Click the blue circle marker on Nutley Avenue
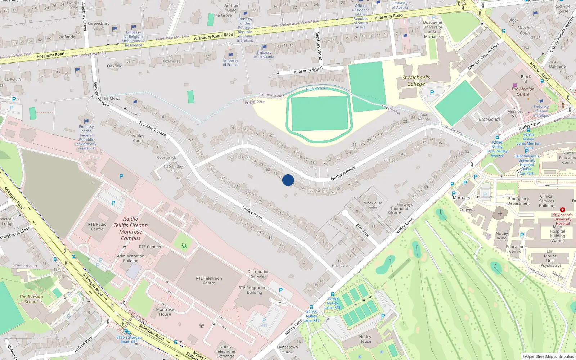click(x=288, y=180)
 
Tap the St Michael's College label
click(x=416, y=81)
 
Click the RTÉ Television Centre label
click(x=209, y=280)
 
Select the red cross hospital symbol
click(x=562, y=210)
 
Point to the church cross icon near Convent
click(x=500, y=214)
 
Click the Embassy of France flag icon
click(x=231, y=55)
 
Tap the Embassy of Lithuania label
click(x=264, y=55)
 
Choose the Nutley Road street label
click(x=252, y=212)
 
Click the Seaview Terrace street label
click(x=153, y=129)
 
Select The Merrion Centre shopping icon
click(x=515, y=85)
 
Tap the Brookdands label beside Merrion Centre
click(x=489, y=119)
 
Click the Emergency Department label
click(x=518, y=201)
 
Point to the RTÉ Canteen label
click(x=150, y=247)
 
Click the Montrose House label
click(x=165, y=312)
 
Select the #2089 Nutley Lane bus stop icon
click(x=332, y=294)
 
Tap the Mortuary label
click(x=461, y=198)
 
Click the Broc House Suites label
click(x=373, y=205)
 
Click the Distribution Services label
click(x=258, y=274)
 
